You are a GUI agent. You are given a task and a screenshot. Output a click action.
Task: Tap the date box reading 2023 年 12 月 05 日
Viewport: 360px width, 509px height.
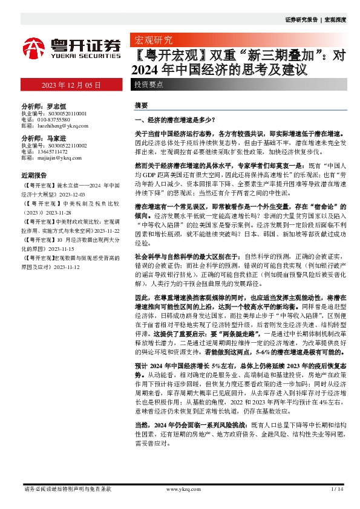(71, 85)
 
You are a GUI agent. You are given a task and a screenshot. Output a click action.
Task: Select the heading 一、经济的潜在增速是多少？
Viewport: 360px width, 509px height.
(174, 120)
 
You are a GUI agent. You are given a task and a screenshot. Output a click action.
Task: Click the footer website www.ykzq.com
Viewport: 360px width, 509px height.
(182, 488)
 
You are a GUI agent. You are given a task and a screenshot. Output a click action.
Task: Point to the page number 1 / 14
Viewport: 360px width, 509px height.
(338, 488)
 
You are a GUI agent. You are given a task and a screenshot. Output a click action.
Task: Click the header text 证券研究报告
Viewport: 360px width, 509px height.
(301, 20)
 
